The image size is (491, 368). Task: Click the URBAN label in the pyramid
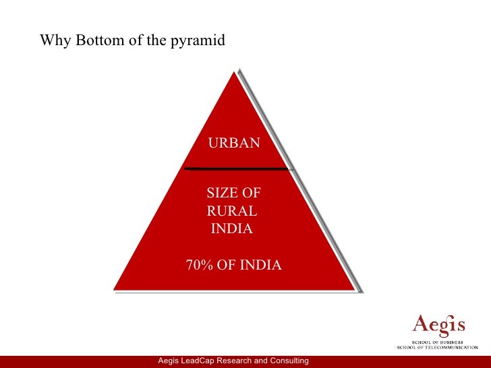(x=233, y=143)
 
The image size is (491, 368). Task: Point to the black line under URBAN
(x=236, y=168)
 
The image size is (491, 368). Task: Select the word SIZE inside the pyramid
(x=221, y=193)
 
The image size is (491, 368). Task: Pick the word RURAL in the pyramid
(x=231, y=211)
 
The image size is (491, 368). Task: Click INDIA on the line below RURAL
(x=232, y=228)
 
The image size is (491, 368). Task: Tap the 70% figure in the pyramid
(x=200, y=265)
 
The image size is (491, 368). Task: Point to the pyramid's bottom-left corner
(x=114, y=289)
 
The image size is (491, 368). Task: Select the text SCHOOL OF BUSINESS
(x=438, y=341)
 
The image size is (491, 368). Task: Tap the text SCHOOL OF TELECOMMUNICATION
(x=437, y=347)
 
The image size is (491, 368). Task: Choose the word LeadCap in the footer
(x=201, y=362)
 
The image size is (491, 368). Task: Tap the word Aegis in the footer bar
(x=169, y=362)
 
